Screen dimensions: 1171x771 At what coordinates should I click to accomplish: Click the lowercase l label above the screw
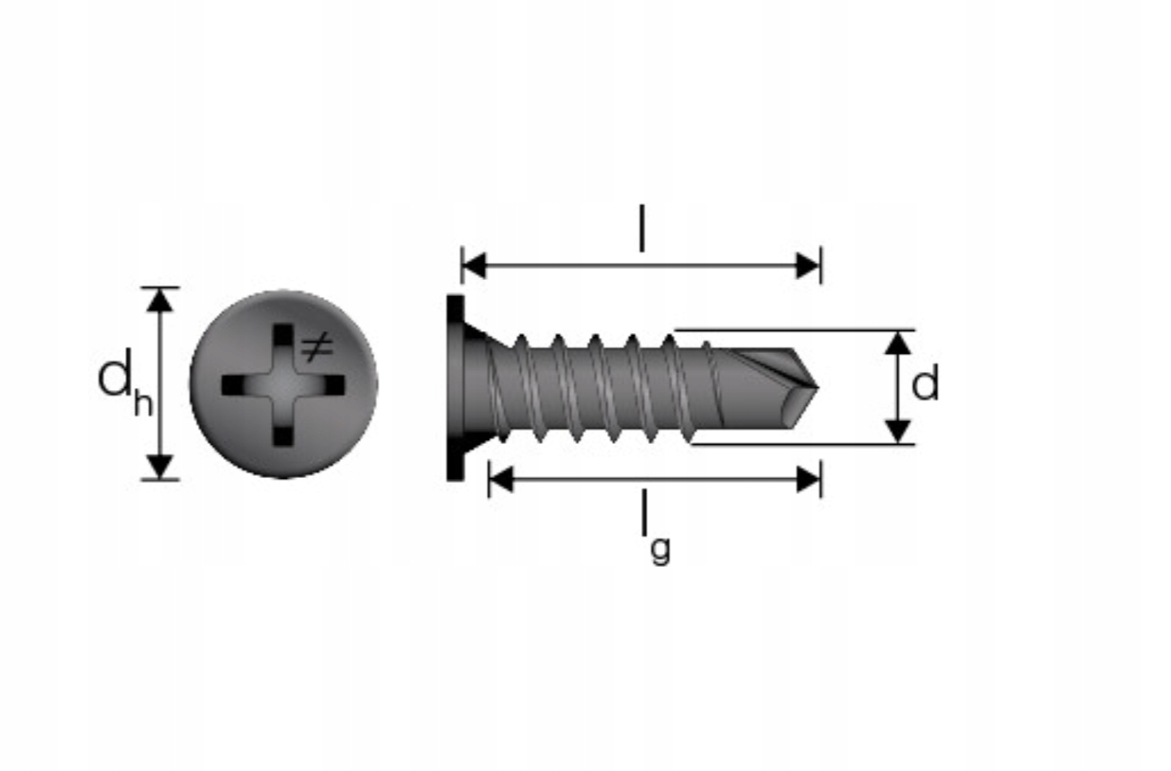(x=642, y=227)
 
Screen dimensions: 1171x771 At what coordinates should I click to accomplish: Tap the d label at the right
(x=925, y=383)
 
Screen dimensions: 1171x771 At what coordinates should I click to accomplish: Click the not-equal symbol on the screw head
(x=316, y=348)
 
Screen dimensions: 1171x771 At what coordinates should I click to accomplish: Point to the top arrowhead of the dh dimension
(x=160, y=301)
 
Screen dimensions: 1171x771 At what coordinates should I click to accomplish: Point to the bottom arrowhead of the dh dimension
(x=160, y=466)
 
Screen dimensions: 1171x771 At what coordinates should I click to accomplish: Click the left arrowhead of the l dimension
(x=474, y=266)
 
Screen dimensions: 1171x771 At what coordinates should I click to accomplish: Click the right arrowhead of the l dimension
(x=808, y=266)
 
